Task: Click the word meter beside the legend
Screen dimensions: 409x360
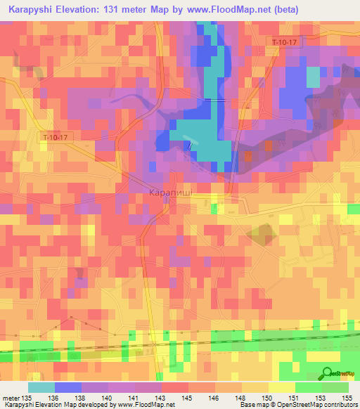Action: (x=11, y=398)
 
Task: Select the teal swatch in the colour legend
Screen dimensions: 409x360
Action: (x=41, y=387)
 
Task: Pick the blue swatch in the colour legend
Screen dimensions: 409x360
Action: (x=68, y=387)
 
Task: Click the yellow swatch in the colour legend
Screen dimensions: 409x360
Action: (x=282, y=387)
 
